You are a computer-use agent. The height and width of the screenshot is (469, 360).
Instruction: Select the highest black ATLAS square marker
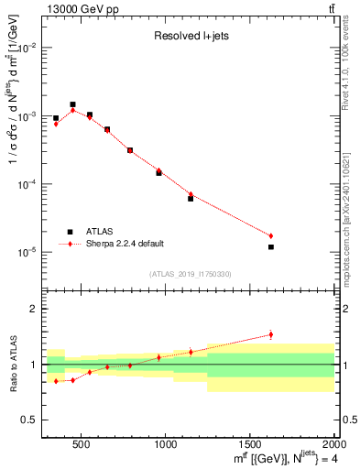point(72,104)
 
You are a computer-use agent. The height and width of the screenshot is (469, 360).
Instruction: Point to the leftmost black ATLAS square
point(56,118)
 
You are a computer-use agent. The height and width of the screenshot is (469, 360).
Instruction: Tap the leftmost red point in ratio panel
point(56,381)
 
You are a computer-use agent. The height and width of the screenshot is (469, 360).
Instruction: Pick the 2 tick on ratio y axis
point(34,309)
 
